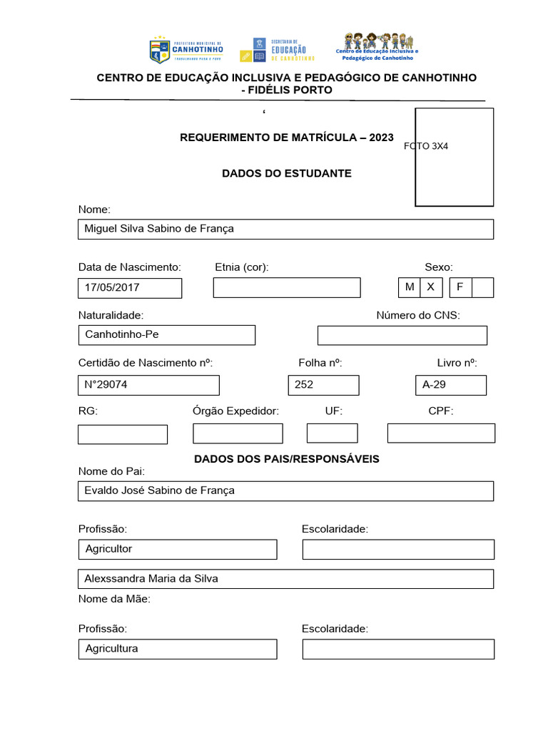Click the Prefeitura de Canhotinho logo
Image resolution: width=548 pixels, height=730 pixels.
pyautogui.click(x=186, y=51)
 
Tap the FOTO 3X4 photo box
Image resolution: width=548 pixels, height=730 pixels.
pyautogui.click(x=455, y=157)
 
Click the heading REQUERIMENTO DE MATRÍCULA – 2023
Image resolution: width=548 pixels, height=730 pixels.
pyautogui.click(x=286, y=137)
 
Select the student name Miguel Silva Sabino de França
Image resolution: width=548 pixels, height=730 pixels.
pyautogui.click(x=159, y=229)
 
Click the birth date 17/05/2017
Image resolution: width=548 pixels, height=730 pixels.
pyautogui.click(x=112, y=288)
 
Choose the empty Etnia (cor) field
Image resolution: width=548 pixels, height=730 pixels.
pyautogui.click(x=287, y=288)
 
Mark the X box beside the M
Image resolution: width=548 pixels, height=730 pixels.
pyautogui.click(x=431, y=287)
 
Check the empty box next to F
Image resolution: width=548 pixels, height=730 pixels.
pyautogui.click(x=483, y=287)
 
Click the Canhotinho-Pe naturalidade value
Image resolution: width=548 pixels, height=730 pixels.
pyautogui.click(x=122, y=334)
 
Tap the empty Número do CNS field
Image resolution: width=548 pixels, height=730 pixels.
pyautogui.click(x=402, y=335)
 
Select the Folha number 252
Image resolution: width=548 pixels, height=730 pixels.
pyautogui.click(x=304, y=385)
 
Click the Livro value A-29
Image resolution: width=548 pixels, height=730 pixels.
pyautogui.click(x=434, y=385)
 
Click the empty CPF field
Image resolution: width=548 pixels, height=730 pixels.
pyautogui.click(x=441, y=433)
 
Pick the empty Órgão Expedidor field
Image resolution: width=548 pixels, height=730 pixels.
pyautogui.click(x=238, y=433)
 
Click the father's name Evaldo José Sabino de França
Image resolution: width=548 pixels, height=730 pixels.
pyautogui.click(x=160, y=490)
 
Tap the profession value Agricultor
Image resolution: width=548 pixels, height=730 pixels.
pyautogui.click(x=109, y=549)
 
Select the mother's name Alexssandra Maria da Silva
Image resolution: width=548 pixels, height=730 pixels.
pyautogui.click(x=151, y=579)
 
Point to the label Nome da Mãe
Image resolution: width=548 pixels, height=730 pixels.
pyautogui.click(x=114, y=600)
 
